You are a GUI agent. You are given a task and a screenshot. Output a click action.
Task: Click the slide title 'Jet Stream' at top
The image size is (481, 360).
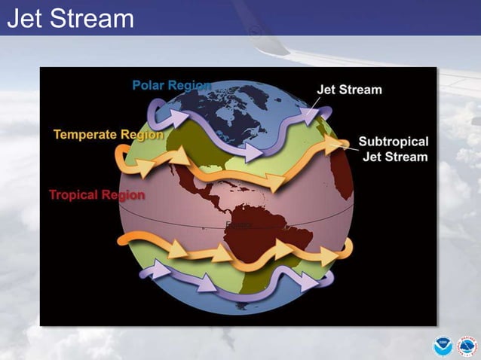pos(70,18)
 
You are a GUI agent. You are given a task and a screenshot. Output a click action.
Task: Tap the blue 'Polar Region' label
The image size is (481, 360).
pos(172,85)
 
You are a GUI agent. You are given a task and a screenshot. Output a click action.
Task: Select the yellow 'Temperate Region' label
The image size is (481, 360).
pos(108,135)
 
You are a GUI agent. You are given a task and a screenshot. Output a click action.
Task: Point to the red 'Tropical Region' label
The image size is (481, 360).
pos(97,194)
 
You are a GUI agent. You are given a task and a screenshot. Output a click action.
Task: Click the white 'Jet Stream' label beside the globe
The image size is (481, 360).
pos(349,90)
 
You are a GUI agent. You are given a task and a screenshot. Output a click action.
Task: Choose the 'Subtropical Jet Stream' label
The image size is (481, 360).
pos(393,149)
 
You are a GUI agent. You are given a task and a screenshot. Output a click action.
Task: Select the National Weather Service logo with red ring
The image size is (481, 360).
pos(467,346)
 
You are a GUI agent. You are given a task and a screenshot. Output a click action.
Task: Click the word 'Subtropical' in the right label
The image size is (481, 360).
pos(393,142)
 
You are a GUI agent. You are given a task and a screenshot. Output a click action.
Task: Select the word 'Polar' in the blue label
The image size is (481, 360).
pos(149,85)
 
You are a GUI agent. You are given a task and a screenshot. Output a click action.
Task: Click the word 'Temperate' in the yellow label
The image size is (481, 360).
pos(84,135)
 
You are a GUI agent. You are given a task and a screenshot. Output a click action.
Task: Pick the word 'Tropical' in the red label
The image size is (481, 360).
pos(74,194)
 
